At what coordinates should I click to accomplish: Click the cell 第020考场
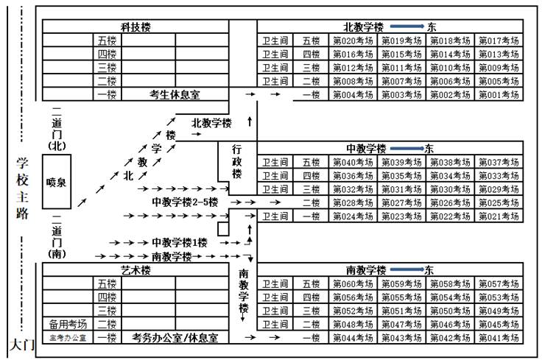tap(355, 41)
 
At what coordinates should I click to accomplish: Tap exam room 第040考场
tap(355, 162)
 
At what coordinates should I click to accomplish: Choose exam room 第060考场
tap(355, 283)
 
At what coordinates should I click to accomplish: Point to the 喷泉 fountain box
tap(56, 182)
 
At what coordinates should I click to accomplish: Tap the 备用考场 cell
tap(68, 324)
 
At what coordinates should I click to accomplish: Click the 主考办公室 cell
tap(68, 338)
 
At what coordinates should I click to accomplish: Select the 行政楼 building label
tap(236, 161)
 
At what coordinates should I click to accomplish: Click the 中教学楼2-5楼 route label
tap(185, 201)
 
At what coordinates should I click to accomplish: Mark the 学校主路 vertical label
tap(23, 188)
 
